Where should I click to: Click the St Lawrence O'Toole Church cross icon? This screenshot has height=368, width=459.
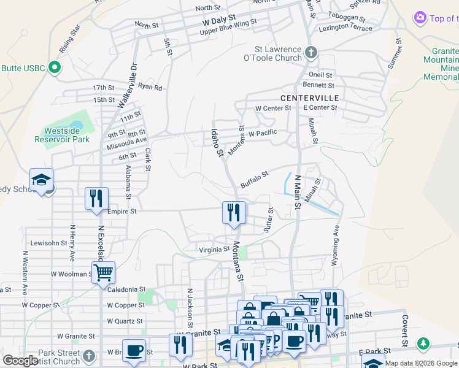coord(311,53)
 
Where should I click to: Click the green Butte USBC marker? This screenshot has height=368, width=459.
coord(54,67)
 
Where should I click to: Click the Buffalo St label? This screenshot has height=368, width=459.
coord(255,179)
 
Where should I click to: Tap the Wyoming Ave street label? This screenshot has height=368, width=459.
coord(336,245)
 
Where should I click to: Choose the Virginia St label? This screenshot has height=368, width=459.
coord(214,250)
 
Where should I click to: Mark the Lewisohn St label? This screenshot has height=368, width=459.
coord(48,243)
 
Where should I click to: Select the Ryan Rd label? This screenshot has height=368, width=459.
coord(150,87)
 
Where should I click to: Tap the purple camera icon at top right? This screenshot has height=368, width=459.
coord(420,18)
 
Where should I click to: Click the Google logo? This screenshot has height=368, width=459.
coord(21,361)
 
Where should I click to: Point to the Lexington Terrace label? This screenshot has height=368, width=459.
coord(345,28)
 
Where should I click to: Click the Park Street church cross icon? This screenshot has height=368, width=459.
coord(89,356)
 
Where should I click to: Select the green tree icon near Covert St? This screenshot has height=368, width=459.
coord(423,343)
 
